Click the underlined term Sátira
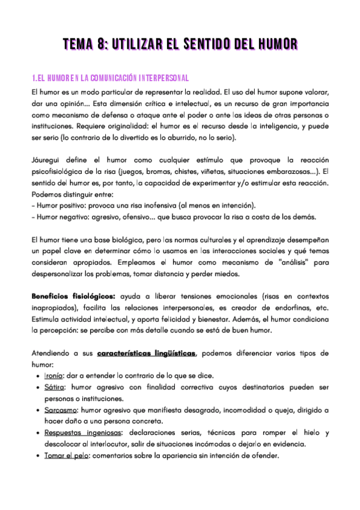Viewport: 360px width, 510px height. coord(54,387)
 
